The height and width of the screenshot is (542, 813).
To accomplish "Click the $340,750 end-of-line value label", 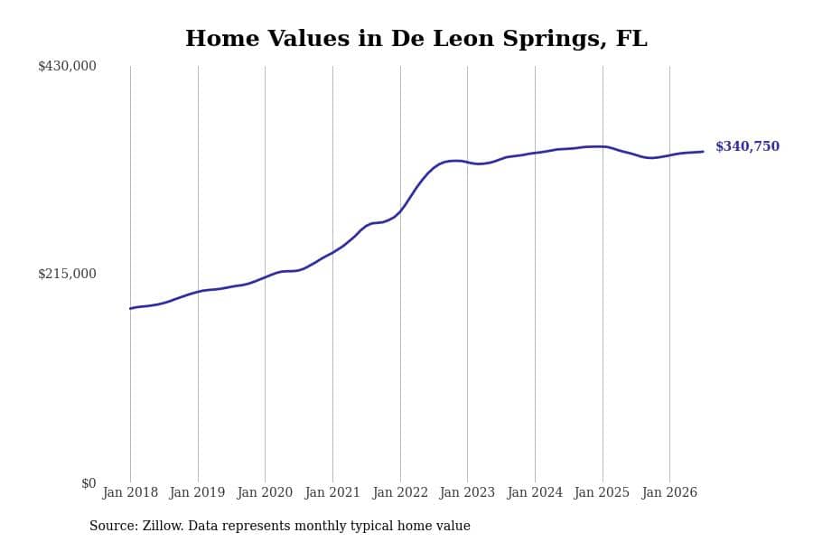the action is pyautogui.click(x=747, y=146).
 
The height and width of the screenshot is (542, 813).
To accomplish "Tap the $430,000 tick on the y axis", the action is pyautogui.click(x=67, y=66).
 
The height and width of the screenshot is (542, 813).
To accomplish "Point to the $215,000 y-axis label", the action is pyautogui.click(x=67, y=274).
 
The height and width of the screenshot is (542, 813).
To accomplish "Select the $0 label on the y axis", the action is pyautogui.click(x=89, y=483).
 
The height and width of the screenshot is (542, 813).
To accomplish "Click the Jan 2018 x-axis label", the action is pyautogui.click(x=130, y=492).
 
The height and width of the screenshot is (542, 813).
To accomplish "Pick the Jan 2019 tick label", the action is pyautogui.click(x=197, y=492).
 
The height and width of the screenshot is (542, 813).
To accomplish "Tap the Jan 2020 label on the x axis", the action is pyautogui.click(x=265, y=492).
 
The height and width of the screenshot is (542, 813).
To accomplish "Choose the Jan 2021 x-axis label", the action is pyautogui.click(x=332, y=492).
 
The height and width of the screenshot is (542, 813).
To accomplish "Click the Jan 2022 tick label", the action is pyautogui.click(x=400, y=492).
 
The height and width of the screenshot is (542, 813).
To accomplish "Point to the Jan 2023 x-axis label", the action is pyautogui.click(x=467, y=492).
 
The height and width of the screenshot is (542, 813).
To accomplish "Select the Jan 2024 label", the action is pyautogui.click(x=535, y=492).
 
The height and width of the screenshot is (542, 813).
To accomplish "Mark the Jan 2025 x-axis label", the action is pyautogui.click(x=602, y=492).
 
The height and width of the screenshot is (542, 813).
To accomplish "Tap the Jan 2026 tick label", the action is pyautogui.click(x=669, y=492).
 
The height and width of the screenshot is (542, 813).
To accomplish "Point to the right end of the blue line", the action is pyautogui.click(x=704, y=152).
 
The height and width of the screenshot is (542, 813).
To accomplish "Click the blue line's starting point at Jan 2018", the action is pyautogui.click(x=130, y=309).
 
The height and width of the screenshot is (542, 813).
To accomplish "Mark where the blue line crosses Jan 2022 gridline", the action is pyautogui.click(x=400, y=210).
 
